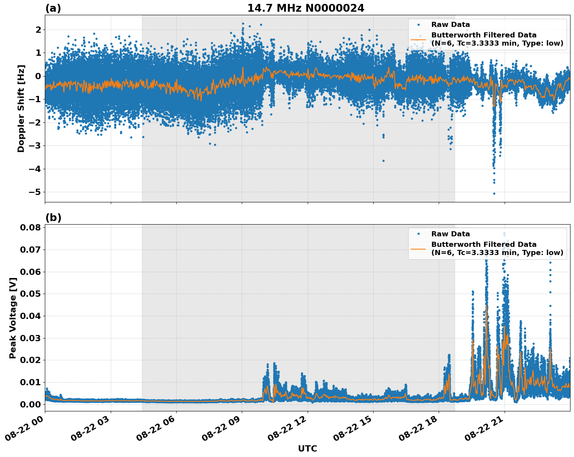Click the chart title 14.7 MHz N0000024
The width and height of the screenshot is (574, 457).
click(x=306, y=8)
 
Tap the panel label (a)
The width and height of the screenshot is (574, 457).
click(x=53, y=8)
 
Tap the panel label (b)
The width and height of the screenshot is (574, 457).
click(x=53, y=218)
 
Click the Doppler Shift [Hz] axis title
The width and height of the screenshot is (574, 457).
click(x=21, y=108)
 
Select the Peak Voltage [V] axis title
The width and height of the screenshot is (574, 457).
click(x=13, y=318)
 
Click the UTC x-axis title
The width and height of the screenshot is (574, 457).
click(x=307, y=448)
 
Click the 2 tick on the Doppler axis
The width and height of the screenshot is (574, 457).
click(x=38, y=30)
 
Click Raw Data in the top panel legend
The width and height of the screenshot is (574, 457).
click(x=450, y=25)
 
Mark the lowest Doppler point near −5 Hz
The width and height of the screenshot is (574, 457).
click(x=494, y=193)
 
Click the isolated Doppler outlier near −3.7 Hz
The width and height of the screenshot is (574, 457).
click(x=383, y=161)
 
